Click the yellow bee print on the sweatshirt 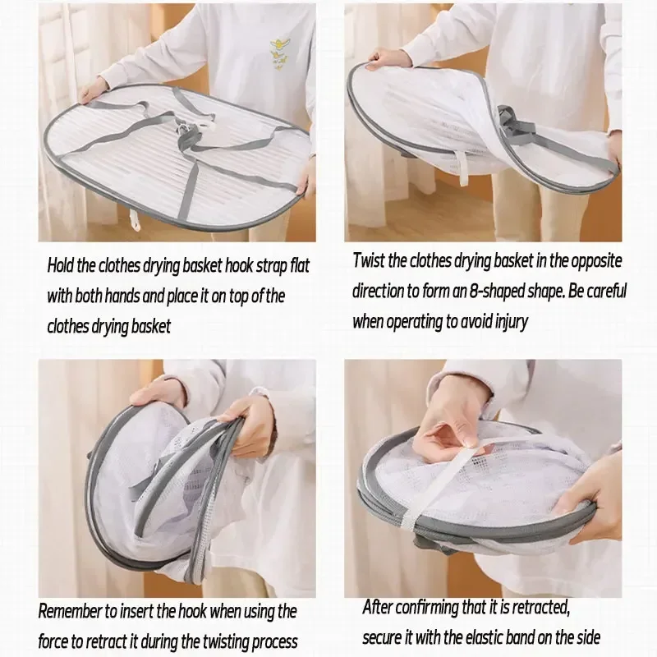280,53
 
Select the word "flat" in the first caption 299,265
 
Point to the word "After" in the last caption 377,606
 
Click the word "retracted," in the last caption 542,606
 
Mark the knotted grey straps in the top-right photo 514,124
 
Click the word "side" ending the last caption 586,637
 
